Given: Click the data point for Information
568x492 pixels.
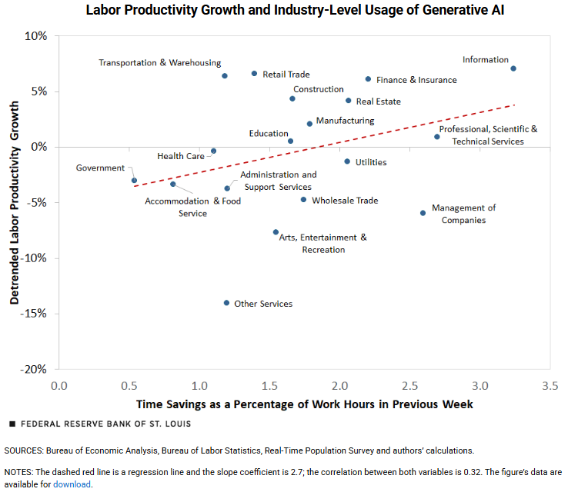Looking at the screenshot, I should click(x=513, y=68).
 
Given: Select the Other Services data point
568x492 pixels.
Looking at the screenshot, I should click(x=226, y=303).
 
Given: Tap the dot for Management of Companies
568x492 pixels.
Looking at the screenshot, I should click(x=423, y=213).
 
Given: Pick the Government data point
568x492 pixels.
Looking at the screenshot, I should click(x=134, y=181).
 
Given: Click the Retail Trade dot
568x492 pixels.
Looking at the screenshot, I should click(x=254, y=74).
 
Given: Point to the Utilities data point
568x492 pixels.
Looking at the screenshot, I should click(x=347, y=161).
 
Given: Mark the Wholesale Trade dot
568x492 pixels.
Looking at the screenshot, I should click(x=303, y=200).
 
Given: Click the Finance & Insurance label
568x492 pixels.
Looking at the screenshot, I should click(x=416, y=80).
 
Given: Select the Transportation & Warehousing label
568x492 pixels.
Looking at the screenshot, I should click(x=159, y=63).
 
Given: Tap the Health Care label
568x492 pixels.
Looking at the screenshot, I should click(x=181, y=156).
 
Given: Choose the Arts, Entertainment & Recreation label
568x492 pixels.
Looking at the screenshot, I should click(x=323, y=243).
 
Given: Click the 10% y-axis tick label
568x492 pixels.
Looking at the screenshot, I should click(x=36, y=36).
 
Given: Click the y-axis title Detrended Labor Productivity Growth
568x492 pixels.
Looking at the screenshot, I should click(x=15, y=201).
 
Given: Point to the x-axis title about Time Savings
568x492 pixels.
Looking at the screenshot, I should click(x=304, y=404).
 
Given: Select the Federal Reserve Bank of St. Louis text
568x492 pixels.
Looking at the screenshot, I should click(x=105, y=424).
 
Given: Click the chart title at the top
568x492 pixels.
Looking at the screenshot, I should click(x=283, y=11).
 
